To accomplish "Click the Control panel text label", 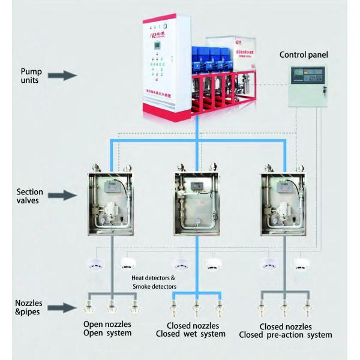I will coord(302,55).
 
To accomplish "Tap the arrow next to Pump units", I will coord(64,76).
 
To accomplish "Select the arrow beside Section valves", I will coord(64,195).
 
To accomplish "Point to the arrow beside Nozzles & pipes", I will coord(64,308).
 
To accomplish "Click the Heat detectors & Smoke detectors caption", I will coord(154,282).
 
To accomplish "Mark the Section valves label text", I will coord(29,196).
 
